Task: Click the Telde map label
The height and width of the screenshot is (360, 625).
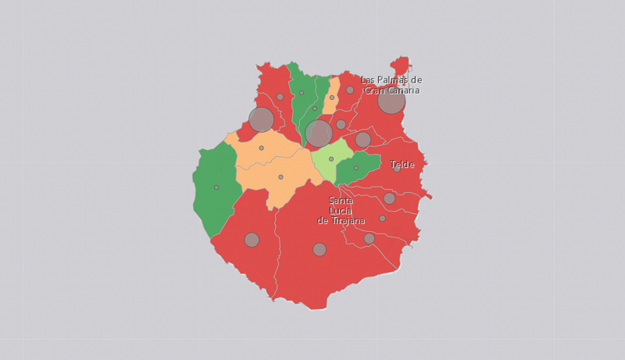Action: coord(402,165)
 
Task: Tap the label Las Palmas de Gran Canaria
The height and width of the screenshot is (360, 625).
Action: coord(391,85)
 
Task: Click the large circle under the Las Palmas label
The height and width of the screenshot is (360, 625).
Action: coord(391,101)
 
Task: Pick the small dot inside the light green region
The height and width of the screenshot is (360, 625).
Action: coord(331,159)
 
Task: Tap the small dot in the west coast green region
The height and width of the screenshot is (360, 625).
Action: coord(216,187)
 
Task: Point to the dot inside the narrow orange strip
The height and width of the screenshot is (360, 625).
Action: coord(332,98)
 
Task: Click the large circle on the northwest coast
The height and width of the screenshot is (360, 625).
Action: coord(261,119)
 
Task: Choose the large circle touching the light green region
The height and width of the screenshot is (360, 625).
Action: coord(319,134)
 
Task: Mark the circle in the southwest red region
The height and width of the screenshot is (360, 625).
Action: coord(252,240)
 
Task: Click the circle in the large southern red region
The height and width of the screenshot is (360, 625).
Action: coord(320,250)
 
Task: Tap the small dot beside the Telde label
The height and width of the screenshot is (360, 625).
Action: coord(397,169)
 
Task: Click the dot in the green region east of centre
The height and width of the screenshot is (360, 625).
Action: coord(356,168)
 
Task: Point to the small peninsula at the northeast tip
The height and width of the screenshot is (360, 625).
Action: coord(402,64)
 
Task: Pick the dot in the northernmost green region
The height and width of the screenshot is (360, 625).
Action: coord(302,93)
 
